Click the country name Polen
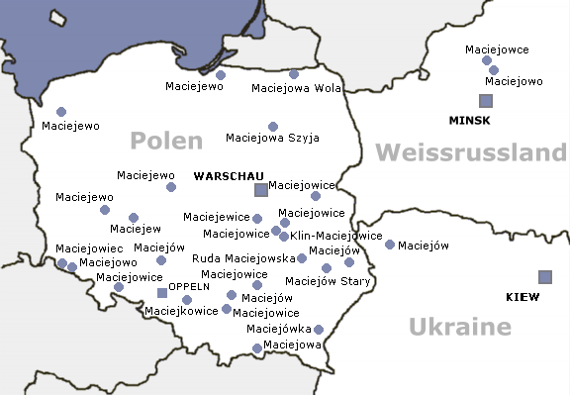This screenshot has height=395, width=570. click(x=168, y=141)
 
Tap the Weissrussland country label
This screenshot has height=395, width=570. click(x=471, y=152)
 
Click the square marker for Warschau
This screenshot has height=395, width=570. click(x=260, y=189)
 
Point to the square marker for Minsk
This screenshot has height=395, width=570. click(x=485, y=101)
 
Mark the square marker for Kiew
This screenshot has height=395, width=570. click(x=544, y=276)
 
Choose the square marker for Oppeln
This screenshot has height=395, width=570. click(x=162, y=293)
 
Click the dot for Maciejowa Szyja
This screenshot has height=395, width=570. click(x=273, y=127)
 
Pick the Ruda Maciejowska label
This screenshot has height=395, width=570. click(x=243, y=257)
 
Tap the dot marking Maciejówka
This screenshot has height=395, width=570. click(x=319, y=330)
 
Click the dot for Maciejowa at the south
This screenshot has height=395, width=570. click(x=257, y=348)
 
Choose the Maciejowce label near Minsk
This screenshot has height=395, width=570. click(x=502, y=49)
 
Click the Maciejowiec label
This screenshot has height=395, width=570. click(x=89, y=248)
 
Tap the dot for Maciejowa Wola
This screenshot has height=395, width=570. click(x=294, y=74)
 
